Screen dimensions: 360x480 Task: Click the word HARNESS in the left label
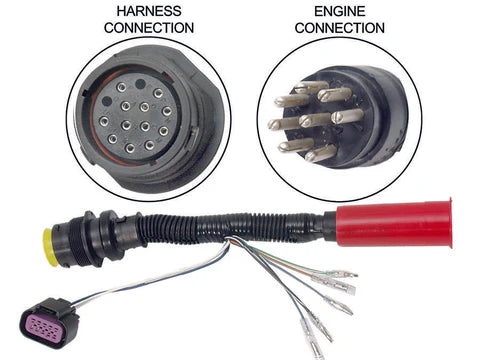tap(147, 11)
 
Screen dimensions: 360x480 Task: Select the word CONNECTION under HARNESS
tap(147, 27)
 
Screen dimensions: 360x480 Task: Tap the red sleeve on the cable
tap(381, 226)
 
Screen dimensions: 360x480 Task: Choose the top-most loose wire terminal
tap(340, 272)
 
